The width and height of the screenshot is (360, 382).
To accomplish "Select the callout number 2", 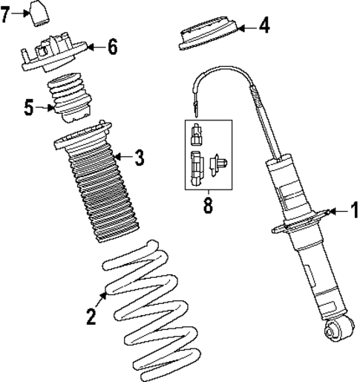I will pos(90,317).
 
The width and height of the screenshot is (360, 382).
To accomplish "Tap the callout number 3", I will pos(139,157).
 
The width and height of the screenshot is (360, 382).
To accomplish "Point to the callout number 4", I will pos(264,27).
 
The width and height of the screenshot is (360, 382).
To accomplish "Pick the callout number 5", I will pos(28,107).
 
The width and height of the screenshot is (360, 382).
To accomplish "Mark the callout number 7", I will pos(6,14).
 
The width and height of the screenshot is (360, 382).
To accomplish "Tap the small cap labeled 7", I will pos(37,14).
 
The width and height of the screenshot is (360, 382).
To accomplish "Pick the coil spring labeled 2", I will pos(148,312).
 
